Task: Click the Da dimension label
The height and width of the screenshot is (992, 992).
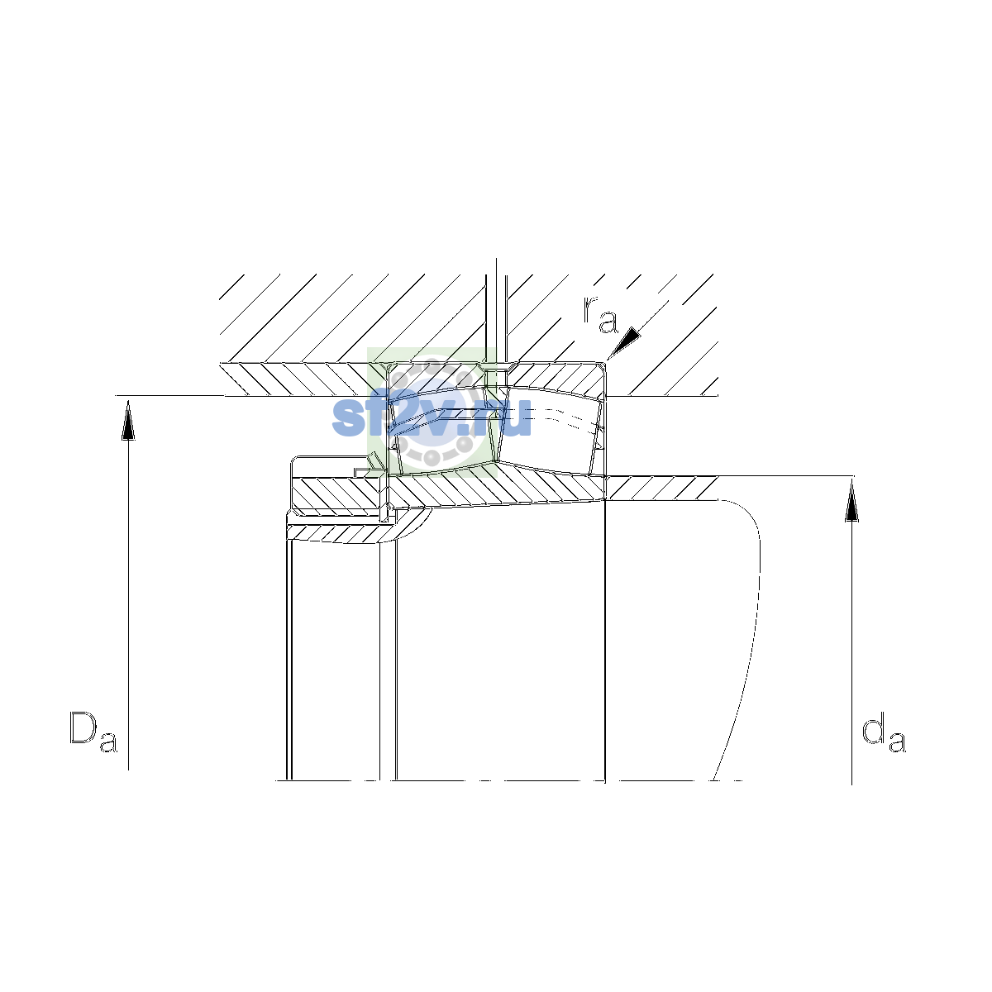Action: click(x=93, y=732)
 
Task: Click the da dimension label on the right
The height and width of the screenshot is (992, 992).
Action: click(x=884, y=732)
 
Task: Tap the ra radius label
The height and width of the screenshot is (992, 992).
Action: click(x=600, y=314)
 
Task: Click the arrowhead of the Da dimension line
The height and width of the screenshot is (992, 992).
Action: click(x=128, y=421)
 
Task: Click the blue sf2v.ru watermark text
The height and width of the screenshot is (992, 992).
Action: click(x=432, y=417)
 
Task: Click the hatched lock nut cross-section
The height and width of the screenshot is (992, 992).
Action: click(x=336, y=494)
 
